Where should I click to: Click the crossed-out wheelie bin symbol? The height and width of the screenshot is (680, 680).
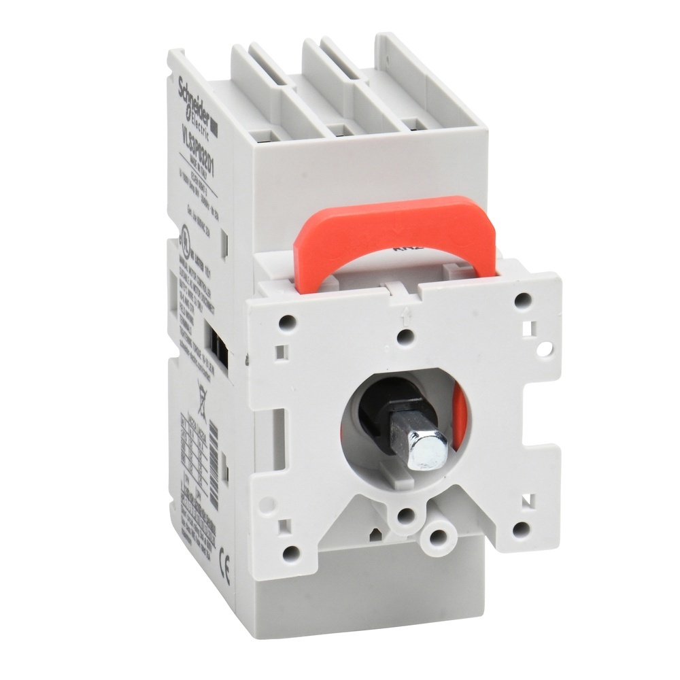pos(202,393)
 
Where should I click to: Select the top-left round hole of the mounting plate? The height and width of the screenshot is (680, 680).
pos(288,318)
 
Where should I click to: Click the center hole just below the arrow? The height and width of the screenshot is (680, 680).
pos(406,336)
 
